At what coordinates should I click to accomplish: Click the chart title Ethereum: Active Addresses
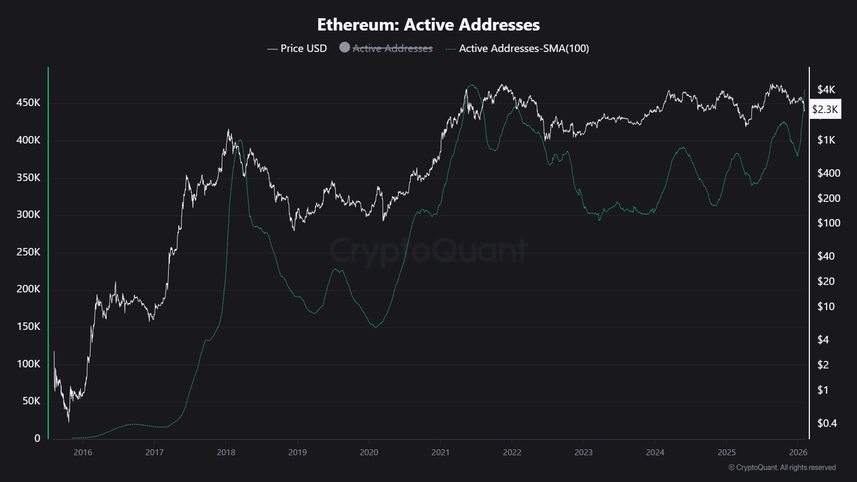[x=428, y=25]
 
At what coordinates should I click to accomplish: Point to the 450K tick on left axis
[x=28, y=102]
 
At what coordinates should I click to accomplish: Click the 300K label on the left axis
[x=28, y=214]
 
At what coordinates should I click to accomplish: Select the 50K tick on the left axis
[x=31, y=401]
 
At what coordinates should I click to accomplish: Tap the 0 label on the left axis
[x=37, y=438]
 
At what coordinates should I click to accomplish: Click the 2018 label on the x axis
[x=225, y=452]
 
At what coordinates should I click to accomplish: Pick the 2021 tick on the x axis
[x=440, y=452]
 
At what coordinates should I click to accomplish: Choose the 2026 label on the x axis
[x=798, y=452]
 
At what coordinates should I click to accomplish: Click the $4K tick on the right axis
[x=826, y=89]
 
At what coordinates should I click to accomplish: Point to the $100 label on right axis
[x=828, y=223]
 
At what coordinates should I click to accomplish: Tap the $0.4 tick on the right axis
[x=826, y=423]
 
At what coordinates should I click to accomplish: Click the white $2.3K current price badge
[x=825, y=109]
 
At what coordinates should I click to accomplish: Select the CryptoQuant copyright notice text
[x=782, y=468]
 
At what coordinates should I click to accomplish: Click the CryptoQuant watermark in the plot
[x=428, y=250]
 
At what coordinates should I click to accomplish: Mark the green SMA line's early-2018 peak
[x=239, y=140]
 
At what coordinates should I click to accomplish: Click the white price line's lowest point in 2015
[x=69, y=421]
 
